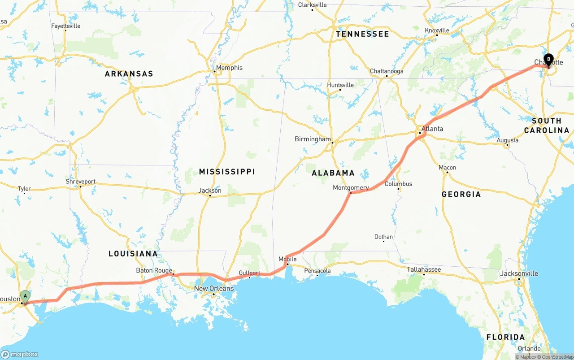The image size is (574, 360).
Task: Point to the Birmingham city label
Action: (x=313, y=139)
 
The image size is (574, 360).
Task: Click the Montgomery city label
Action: (x=351, y=187)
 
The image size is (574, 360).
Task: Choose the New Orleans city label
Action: (x=214, y=288)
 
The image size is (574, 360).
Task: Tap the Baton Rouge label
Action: (x=154, y=270)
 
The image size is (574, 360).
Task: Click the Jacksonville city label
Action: (x=519, y=273)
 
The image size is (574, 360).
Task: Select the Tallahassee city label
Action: (x=424, y=269)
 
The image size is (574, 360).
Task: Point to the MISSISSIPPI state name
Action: (x=227, y=172)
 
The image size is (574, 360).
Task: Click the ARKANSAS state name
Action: (x=129, y=74)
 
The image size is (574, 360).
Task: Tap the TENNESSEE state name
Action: (x=362, y=34)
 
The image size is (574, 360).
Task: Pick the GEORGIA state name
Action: (x=461, y=194)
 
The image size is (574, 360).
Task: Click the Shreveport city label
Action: (x=81, y=182)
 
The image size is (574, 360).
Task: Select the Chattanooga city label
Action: (x=387, y=71)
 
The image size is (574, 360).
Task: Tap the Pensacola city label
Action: (x=317, y=271)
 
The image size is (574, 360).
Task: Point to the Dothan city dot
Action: (x=383, y=242)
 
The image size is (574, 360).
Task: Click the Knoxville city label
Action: (x=437, y=30)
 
